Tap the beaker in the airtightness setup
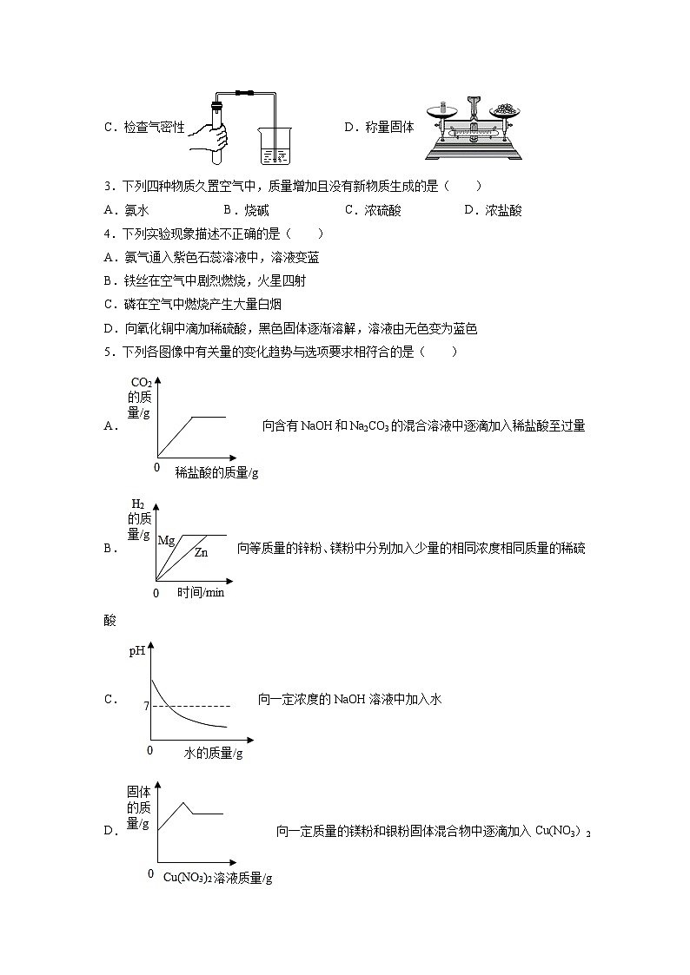click(272, 144)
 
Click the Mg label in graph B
click(166, 540)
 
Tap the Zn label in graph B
click(201, 552)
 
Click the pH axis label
click(137, 649)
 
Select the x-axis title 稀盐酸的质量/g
click(216, 472)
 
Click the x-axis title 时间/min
click(201, 592)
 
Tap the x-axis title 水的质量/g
click(213, 753)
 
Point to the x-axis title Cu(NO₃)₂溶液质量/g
click(218, 878)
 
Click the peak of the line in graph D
click(183, 802)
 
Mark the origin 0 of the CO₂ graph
click(156, 467)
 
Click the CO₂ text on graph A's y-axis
click(141, 383)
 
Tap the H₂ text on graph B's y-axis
click(137, 504)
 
